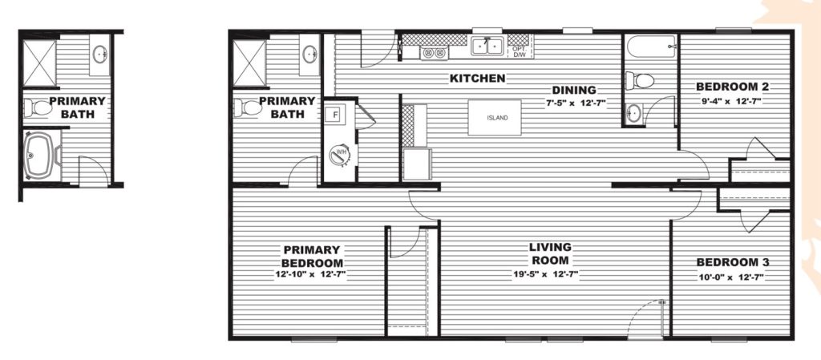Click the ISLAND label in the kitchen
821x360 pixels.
[497, 118]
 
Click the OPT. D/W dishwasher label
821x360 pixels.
[520, 51]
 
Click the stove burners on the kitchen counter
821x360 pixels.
[434, 53]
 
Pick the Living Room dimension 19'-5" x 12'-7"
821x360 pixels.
[545, 274]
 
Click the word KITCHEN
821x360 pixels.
[478, 79]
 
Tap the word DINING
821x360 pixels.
[574, 90]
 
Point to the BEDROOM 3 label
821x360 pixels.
[733, 263]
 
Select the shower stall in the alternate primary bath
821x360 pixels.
[39, 63]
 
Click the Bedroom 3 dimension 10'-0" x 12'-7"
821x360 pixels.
[731, 277]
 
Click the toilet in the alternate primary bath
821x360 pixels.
[38, 107]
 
